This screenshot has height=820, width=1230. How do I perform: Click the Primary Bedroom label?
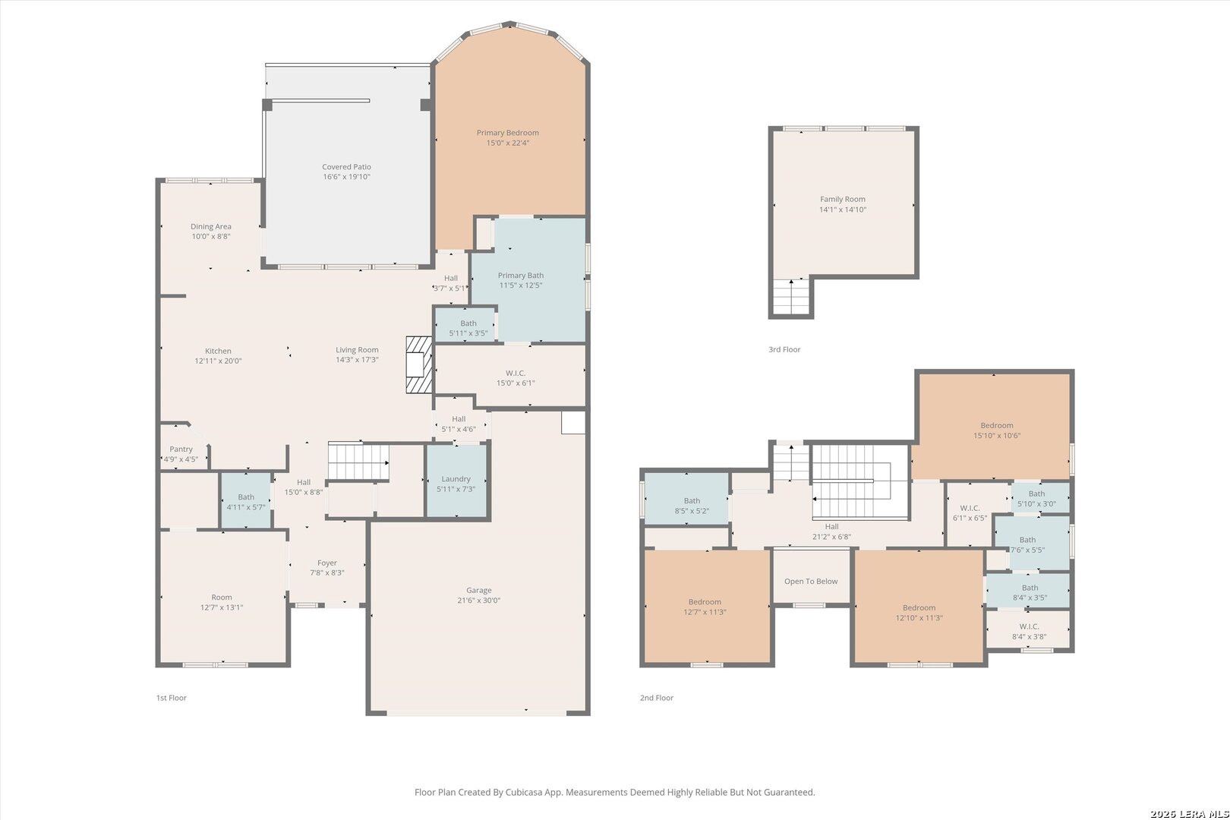click(507, 133)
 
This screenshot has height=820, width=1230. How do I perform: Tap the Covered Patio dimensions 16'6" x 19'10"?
click(346, 177)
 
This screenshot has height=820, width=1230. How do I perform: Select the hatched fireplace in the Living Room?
click(419, 364)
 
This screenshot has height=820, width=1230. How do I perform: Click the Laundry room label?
click(456, 479)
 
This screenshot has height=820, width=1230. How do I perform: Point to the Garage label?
click(479, 591)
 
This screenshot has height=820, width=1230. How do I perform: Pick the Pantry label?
click(181, 449)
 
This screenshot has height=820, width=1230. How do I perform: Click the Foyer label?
click(326, 563)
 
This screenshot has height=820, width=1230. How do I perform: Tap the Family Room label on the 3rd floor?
click(842, 200)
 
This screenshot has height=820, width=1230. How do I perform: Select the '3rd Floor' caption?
click(784, 349)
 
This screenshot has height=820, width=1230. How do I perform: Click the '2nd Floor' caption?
click(656, 698)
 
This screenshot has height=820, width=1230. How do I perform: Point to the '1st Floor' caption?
click(172, 698)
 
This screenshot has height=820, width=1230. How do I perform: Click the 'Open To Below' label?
click(810, 581)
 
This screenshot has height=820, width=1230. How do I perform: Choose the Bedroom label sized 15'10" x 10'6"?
click(997, 426)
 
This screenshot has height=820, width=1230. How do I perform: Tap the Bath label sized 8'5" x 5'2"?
click(692, 501)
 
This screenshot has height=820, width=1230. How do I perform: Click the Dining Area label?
click(211, 227)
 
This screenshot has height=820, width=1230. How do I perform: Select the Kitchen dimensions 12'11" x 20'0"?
click(218, 361)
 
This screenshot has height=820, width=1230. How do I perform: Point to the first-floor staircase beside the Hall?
click(358, 462)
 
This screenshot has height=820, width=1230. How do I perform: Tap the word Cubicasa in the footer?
click(524, 792)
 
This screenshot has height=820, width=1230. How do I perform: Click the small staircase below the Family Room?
click(791, 297)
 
